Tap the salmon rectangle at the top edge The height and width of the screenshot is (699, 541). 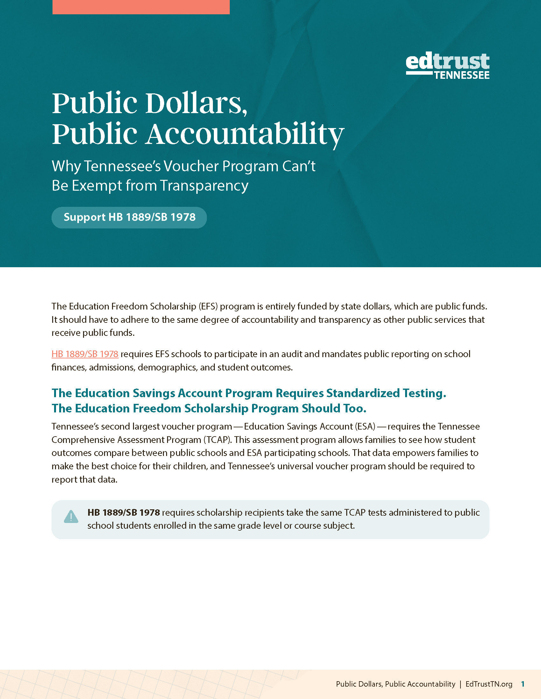pyautogui.click(x=141, y=7)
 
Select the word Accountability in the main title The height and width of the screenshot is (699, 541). pyautogui.click(x=245, y=134)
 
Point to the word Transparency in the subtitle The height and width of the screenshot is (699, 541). pyautogui.click(x=204, y=186)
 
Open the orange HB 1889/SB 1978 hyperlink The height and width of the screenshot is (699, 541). pyautogui.click(x=85, y=354)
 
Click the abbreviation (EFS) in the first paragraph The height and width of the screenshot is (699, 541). pyautogui.click(x=208, y=306)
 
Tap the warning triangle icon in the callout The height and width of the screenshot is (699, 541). pyautogui.click(x=71, y=516)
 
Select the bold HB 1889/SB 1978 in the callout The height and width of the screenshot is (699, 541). pyautogui.click(x=124, y=512)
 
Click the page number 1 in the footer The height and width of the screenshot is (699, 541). pyautogui.click(x=523, y=684)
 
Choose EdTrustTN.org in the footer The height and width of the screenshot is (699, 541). pyautogui.click(x=489, y=684)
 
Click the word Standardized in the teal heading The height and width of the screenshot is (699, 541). pyautogui.click(x=363, y=393)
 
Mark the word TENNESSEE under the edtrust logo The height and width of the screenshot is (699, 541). pyautogui.click(x=461, y=76)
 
